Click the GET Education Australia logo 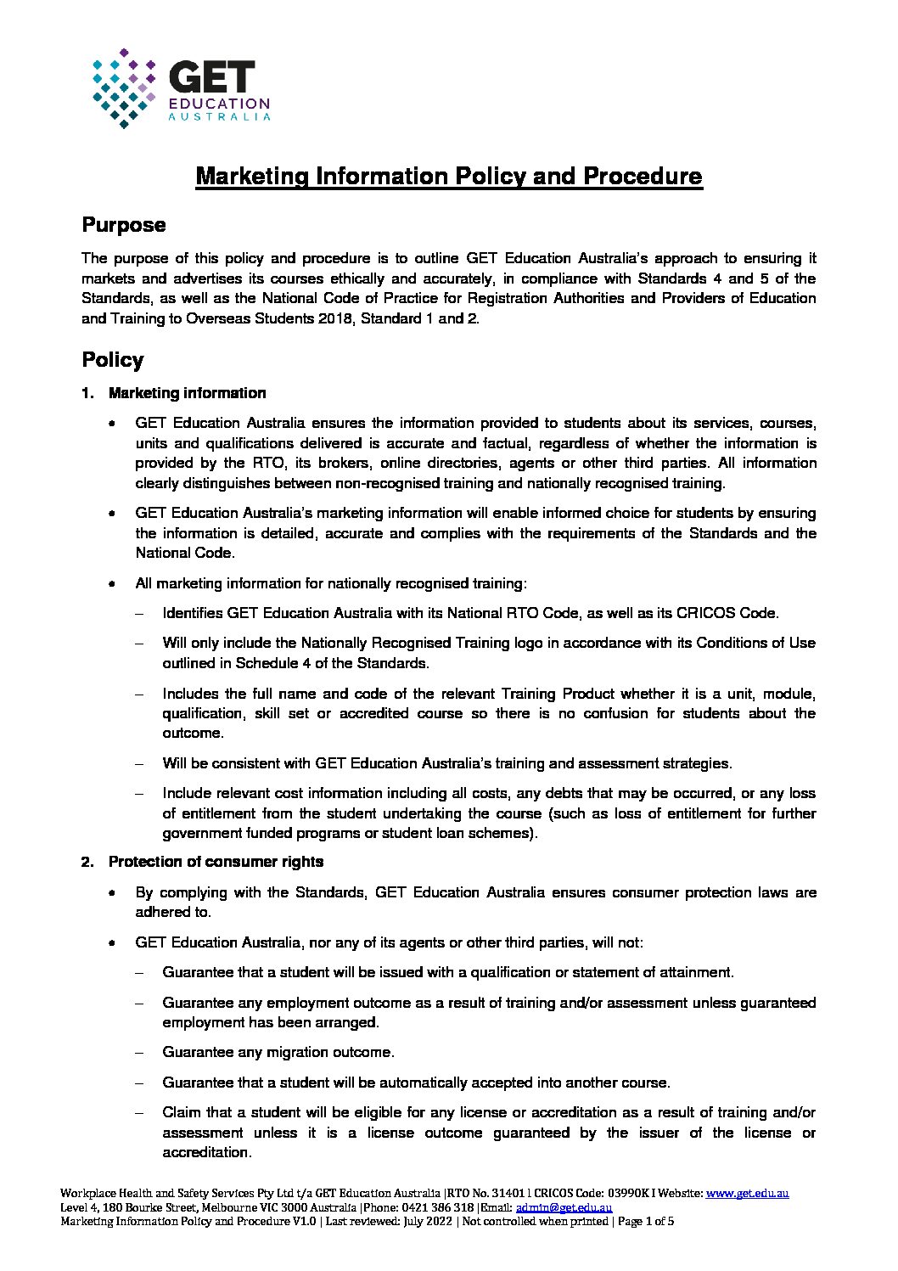[x=180, y=88]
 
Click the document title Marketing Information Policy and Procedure [x=449, y=177]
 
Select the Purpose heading [x=123, y=225]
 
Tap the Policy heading [x=112, y=360]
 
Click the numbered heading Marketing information [x=187, y=393]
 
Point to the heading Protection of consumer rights [x=216, y=862]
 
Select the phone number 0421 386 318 [x=440, y=1207]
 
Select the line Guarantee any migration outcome [x=278, y=1053]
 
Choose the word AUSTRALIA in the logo [x=220, y=117]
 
